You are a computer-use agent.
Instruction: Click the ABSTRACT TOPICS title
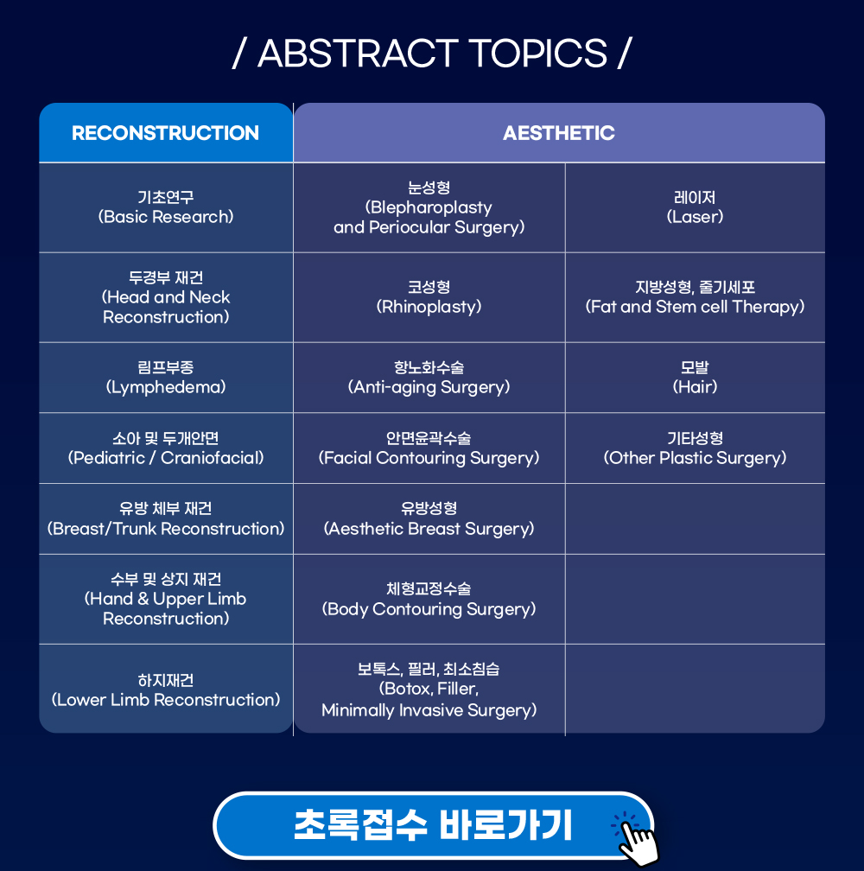[432, 54]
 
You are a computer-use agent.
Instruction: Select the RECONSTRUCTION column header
[166, 133]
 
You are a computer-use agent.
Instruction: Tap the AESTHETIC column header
[559, 133]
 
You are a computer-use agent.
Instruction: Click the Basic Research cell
[166, 207]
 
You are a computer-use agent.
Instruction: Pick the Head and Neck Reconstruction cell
[166, 297]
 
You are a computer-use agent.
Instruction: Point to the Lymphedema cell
[166, 377]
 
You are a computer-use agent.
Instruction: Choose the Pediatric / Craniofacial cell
[166, 448]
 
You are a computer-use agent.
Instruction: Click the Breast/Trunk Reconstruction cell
[166, 518]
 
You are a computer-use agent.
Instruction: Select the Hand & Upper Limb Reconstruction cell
[166, 599]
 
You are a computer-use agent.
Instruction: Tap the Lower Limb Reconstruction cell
[166, 690]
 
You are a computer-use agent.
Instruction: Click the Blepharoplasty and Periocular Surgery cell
[429, 207]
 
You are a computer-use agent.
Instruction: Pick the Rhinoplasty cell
[429, 297]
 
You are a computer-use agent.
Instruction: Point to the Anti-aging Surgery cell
[429, 377]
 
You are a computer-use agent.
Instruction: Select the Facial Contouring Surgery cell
[429, 448]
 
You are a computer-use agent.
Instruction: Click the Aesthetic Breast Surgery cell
[429, 518]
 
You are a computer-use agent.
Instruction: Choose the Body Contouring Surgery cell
[429, 599]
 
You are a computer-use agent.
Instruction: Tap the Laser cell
[696, 207]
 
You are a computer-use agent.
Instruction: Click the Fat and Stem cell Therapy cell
[696, 297]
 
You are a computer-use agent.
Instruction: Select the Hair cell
[696, 377]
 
